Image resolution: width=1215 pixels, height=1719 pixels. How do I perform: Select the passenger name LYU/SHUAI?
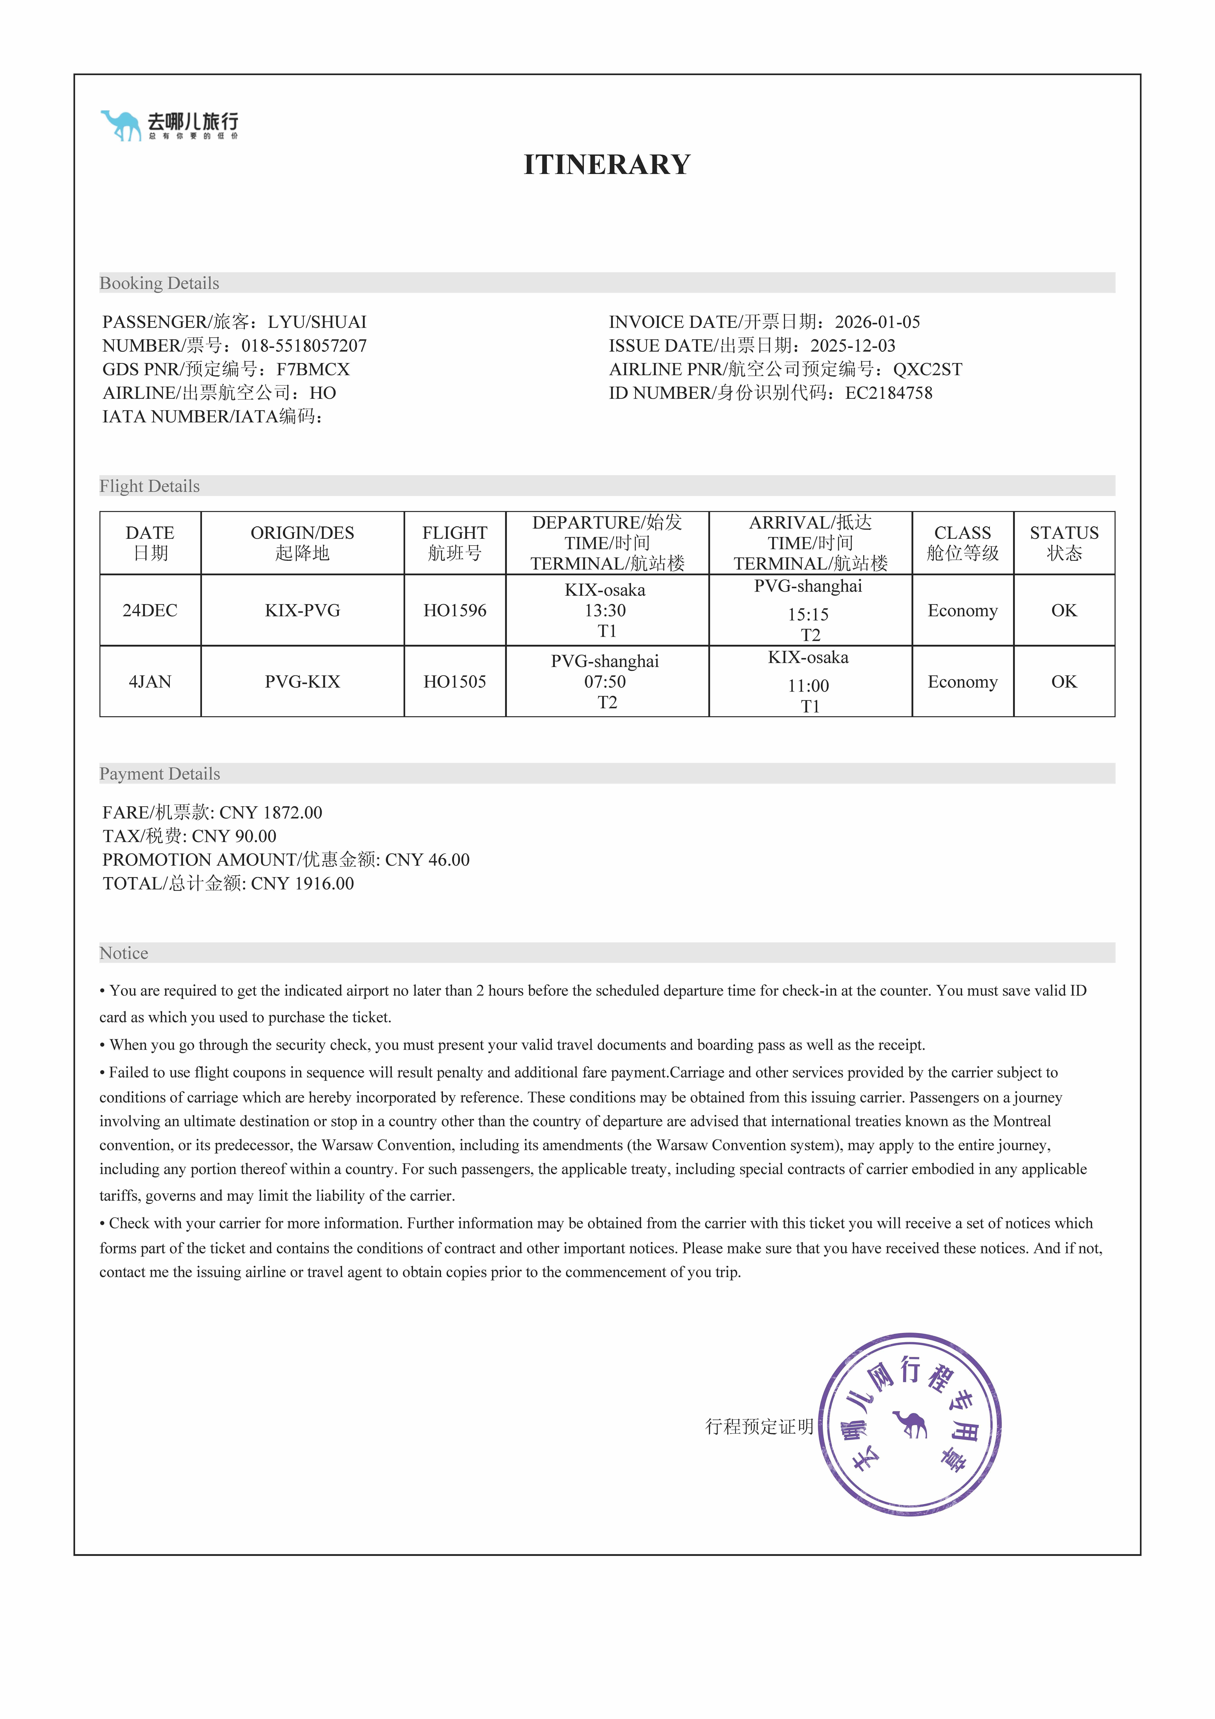click(x=317, y=322)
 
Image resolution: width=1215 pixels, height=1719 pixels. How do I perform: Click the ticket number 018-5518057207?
click(x=304, y=346)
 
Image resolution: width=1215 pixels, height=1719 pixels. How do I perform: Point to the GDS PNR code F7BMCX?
click(x=313, y=369)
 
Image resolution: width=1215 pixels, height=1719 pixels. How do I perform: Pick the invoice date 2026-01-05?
click(x=877, y=322)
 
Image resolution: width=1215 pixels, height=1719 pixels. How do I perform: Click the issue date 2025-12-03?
click(x=853, y=346)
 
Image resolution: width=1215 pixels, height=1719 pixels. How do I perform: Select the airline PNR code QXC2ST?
click(x=928, y=369)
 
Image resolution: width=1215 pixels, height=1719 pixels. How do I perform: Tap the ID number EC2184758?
click(x=889, y=393)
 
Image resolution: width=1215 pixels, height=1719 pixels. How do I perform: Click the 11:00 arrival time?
click(x=808, y=686)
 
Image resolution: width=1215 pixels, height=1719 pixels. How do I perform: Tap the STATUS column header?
click(x=1064, y=543)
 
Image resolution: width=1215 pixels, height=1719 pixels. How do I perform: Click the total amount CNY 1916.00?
click(x=303, y=883)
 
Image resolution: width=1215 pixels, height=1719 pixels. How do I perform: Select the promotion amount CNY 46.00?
click(x=428, y=859)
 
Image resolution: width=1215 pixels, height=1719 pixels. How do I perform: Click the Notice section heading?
click(x=124, y=953)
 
